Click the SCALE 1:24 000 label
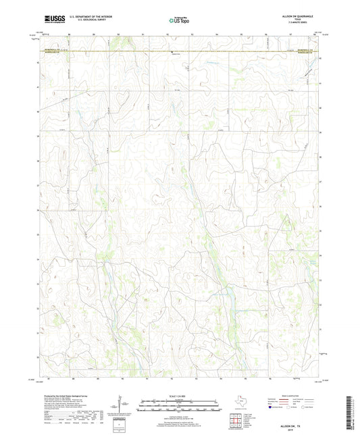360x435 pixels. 180,396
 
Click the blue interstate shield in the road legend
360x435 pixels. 271,409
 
